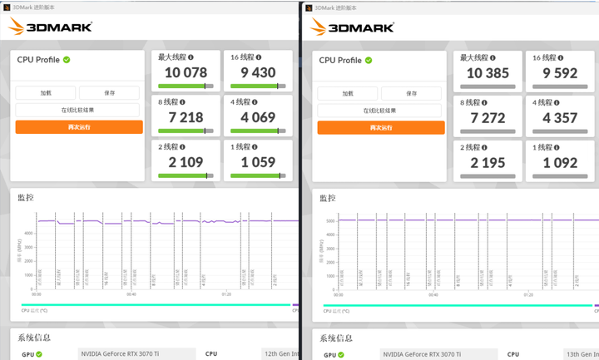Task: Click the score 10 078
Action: [x=186, y=73]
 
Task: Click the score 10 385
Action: [x=487, y=73]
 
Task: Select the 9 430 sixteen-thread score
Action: [x=258, y=73]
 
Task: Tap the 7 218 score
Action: [x=186, y=118]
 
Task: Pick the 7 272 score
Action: [x=487, y=118]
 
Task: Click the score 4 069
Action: [x=258, y=118]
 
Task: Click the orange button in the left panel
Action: [x=79, y=127]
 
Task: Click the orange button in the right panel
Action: [x=382, y=127]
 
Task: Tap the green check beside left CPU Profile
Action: [x=67, y=60]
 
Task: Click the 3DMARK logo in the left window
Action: [x=50, y=27]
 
